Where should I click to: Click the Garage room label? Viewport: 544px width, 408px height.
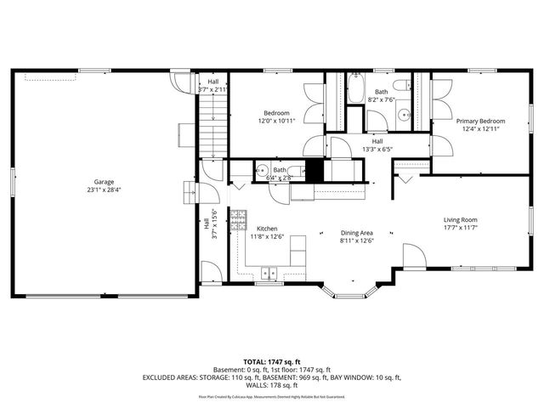pyautogui.click(x=105, y=181)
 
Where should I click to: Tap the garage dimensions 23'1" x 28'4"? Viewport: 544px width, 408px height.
pyautogui.click(x=105, y=190)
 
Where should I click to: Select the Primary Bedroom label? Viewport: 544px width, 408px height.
pyautogui.click(x=483, y=122)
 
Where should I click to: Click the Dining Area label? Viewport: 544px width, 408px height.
pyautogui.click(x=356, y=233)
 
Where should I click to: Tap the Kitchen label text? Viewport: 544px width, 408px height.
pyautogui.click(x=267, y=229)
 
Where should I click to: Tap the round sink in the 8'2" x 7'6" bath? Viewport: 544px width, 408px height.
pyautogui.click(x=406, y=111)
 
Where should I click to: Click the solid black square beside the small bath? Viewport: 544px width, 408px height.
pyautogui.click(x=315, y=169)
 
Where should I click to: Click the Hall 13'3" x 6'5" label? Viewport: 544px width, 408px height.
pyautogui.click(x=377, y=145)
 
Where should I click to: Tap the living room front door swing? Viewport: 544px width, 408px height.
pyautogui.click(x=411, y=256)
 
